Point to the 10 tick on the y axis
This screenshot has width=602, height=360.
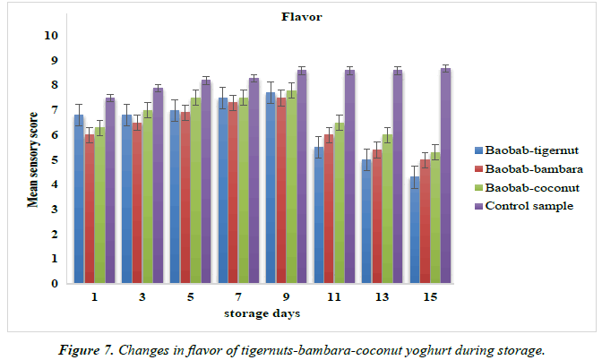point(50,36)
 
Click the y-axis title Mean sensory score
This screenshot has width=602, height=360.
point(31,159)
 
